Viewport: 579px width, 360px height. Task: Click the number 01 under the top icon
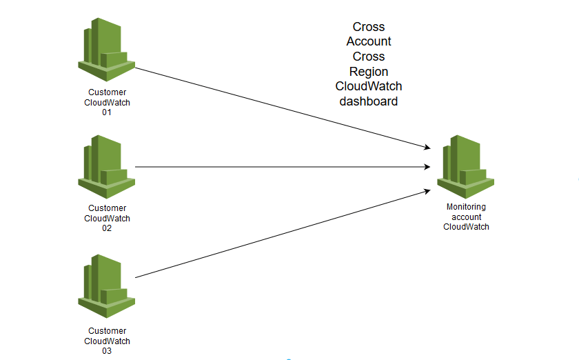[x=107, y=112]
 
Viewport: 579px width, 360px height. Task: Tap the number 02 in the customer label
[x=107, y=228]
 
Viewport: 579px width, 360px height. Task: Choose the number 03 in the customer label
[x=107, y=351]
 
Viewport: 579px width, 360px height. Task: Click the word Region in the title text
[x=369, y=72]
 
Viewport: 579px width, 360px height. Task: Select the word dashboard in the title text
[x=369, y=101]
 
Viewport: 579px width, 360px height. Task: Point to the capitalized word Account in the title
[x=369, y=41]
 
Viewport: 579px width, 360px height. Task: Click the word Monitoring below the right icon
[x=466, y=207]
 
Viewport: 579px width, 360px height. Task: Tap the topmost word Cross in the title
[x=369, y=27]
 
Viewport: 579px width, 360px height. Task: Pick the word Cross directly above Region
[x=369, y=57]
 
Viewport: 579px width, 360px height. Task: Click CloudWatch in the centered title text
[x=369, y=86]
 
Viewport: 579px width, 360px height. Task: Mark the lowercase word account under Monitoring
[x=466, y=217]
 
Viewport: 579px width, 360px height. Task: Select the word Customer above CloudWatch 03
[x=107, y=332]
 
